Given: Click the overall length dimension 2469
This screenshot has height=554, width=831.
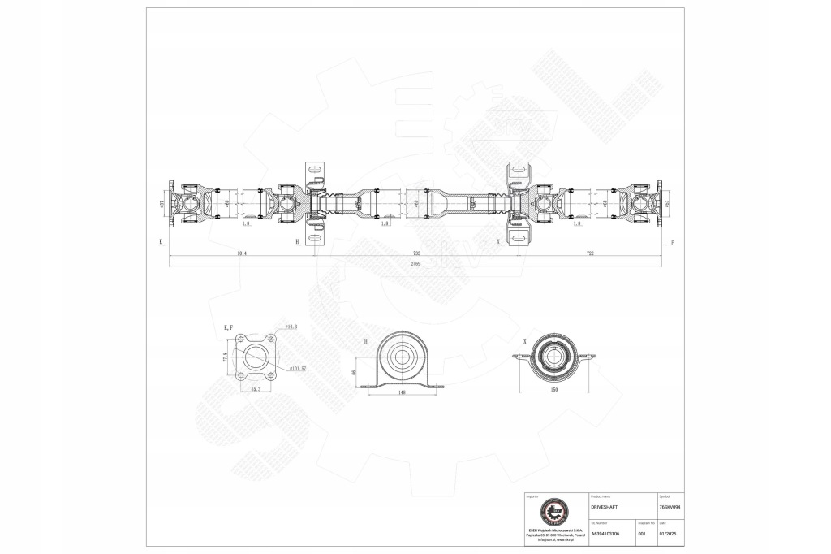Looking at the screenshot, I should pos(415,264).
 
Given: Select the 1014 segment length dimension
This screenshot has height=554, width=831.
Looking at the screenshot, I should pos(242,254).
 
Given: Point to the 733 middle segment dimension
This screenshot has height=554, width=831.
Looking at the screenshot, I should pos(415,254).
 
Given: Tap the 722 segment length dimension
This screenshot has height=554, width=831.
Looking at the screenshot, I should pos(590,254).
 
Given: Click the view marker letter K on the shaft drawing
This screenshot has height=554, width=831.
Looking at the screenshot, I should pos(161,242).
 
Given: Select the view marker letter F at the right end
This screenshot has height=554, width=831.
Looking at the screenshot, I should pos(672,242).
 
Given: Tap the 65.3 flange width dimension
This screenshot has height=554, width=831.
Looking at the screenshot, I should pos(254,390).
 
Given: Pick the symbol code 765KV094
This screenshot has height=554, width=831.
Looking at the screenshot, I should pos(670,505).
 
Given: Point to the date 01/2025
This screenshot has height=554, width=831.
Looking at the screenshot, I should pos(670,533).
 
